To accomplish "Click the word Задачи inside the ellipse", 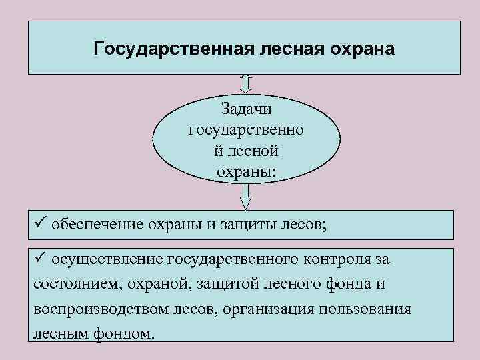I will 246,109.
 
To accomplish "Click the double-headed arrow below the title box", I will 246,83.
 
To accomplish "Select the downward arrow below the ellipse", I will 246,195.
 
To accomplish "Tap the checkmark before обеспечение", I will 39,222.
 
